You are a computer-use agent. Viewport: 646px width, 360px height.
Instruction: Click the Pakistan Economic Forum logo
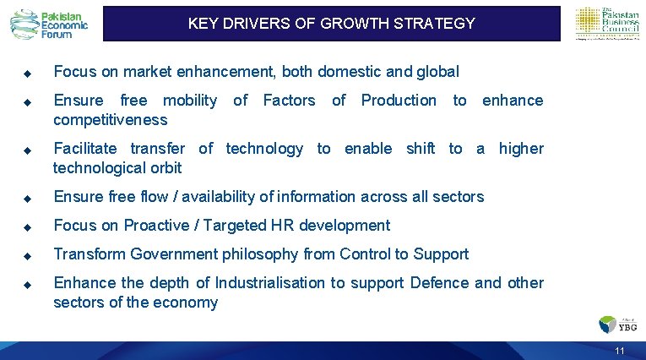click(x=49, y=24)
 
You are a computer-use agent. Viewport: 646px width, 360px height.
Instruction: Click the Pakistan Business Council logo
click(x=606, y=24)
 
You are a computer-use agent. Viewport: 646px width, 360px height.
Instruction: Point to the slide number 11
click(x=620, y=351)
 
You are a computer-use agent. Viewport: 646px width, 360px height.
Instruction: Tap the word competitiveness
click(x=110, y=120)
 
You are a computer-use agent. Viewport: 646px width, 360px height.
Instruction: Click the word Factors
click(x=289, y=101)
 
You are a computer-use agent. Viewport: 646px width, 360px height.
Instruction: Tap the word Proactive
click(x=159, y=226)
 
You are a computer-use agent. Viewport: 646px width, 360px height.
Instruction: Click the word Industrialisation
click(x=270, y=283)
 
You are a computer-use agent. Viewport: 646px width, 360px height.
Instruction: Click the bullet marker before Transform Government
click(x=27, y=255)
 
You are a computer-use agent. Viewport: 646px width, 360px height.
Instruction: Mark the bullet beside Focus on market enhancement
click(x=27, y=73)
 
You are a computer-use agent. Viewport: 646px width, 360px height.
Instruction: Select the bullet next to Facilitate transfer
click(x=27, y=150)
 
